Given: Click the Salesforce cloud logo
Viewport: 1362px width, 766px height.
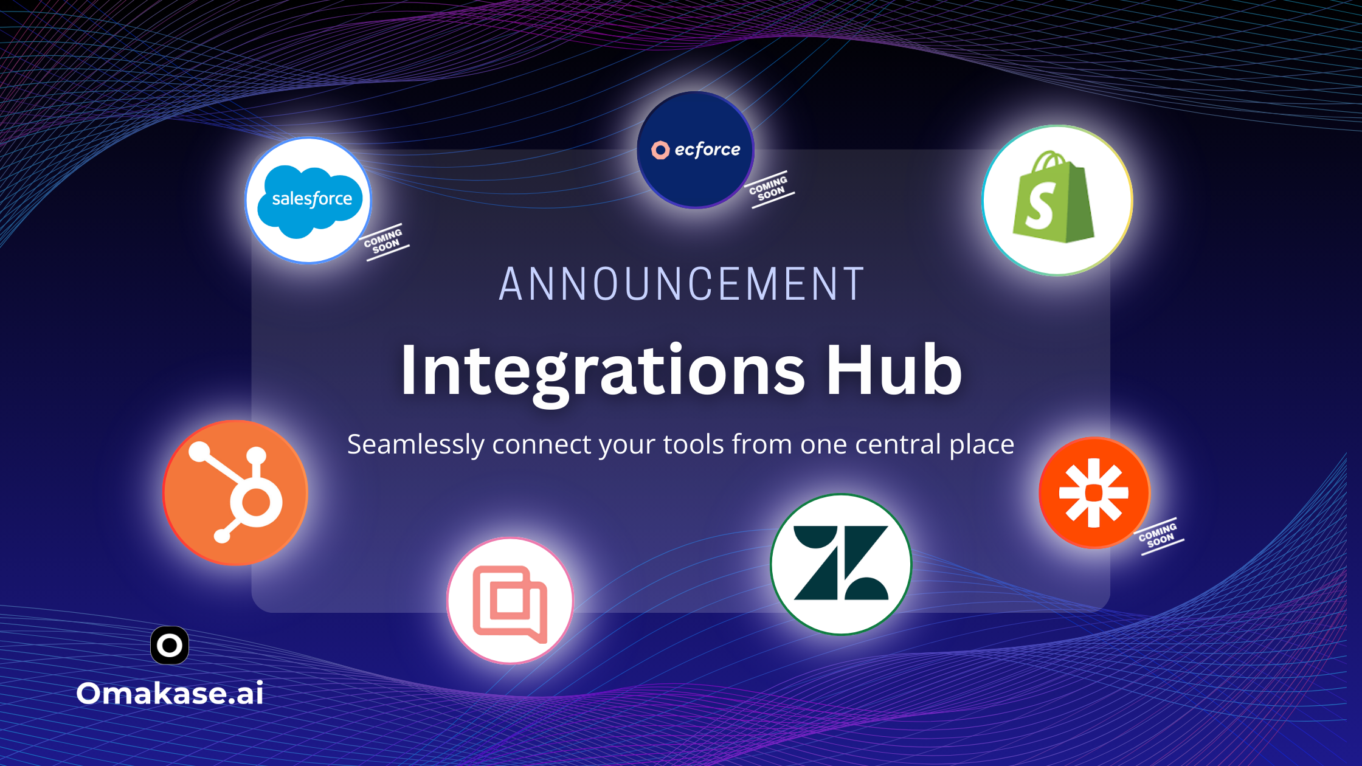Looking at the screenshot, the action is (x=310, y=201).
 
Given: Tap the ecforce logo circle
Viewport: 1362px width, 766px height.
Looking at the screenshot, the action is (x=696, y=150).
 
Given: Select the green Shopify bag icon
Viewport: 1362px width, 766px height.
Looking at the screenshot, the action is (x=1053, y=198).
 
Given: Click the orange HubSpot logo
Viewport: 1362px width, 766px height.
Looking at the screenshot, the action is (x=235, y=492).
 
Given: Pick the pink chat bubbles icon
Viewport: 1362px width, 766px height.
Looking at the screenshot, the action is (x=510, y=604).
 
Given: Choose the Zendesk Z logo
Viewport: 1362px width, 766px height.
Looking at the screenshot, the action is (x=841, y=563).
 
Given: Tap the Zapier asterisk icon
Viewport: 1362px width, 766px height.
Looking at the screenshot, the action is (x=1094, y=493).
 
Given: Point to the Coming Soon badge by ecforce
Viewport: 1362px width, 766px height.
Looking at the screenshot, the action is (x=769, y=188).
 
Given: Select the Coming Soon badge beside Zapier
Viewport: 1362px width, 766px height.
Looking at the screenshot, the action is (x=1159, y=536).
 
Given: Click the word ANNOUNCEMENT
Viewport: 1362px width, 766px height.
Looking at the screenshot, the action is (x=681, y=284).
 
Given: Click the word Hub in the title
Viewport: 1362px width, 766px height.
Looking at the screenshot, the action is (x=893, y=369).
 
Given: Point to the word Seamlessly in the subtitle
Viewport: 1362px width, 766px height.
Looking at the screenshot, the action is (x=416, y=445).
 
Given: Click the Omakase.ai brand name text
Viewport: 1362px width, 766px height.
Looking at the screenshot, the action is (x=170, y=693).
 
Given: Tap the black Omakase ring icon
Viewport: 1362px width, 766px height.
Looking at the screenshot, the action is (x=170, y=645).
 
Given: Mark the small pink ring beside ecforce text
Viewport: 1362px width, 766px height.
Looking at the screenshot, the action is (x=660, y=150).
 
